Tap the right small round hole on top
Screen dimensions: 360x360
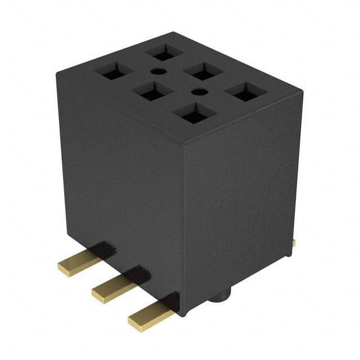pos(197,91)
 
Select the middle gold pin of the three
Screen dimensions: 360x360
pos(113,286)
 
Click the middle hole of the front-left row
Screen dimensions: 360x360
pos(149,91)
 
